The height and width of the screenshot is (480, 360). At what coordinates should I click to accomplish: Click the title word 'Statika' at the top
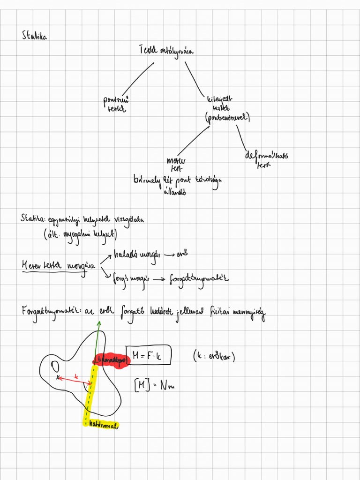(x=34, y=36)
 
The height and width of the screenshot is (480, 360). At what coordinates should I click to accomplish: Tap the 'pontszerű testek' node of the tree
(x=117, y=104)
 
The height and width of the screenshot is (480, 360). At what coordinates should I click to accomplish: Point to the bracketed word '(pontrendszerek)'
(x=227, y=118)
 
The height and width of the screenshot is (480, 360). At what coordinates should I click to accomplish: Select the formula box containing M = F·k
(x=149, y=356)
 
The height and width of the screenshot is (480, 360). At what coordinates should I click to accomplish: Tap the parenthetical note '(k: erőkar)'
(x=214, y=357)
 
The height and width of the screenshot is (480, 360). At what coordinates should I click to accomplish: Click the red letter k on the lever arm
(x=76, y=376)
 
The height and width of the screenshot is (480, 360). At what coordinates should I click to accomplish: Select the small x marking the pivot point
(x=58, y=377)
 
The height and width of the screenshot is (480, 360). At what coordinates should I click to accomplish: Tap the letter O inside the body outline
(x=55, y=365)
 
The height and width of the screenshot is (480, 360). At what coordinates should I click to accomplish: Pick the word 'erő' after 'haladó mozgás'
(x=183, y=255)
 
